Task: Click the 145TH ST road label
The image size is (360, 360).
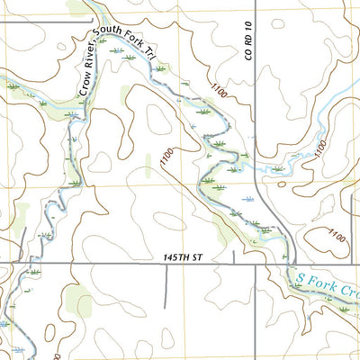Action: pos(180,257)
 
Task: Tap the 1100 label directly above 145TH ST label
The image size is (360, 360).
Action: pos(166,161)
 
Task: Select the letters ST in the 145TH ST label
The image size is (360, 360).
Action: pos(193,257)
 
